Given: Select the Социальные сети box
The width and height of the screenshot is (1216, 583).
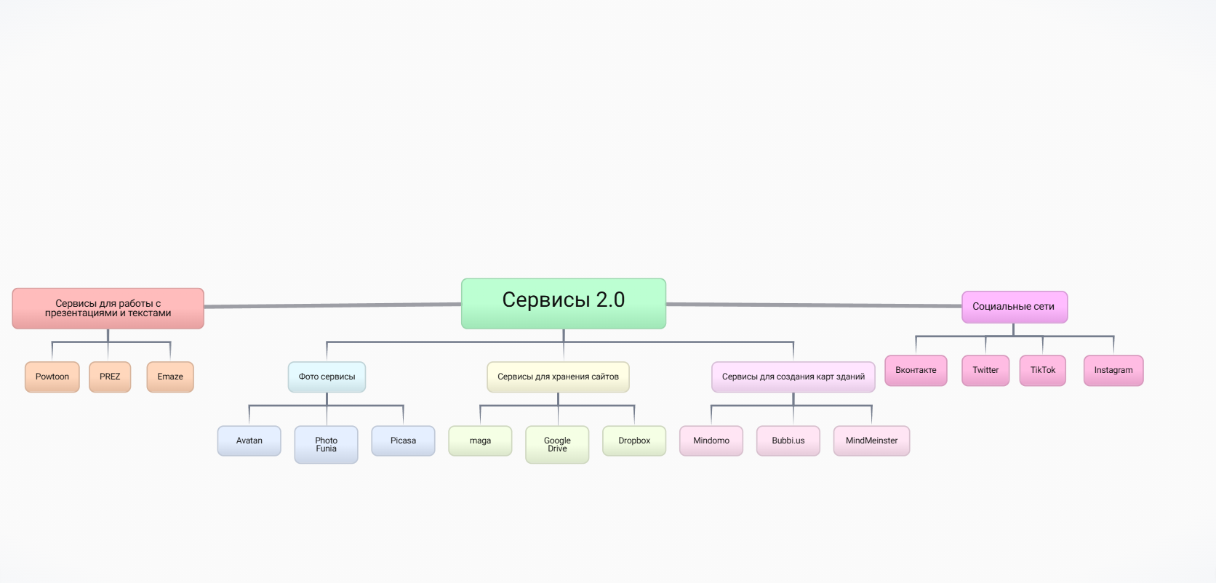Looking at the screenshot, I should [x=1014, y=307].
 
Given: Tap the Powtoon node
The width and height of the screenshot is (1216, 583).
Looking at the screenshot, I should [x=52, y=377].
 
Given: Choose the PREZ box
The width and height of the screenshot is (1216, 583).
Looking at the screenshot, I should [x=110, y=377].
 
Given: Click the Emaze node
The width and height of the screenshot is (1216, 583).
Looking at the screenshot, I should [x=170, y=377].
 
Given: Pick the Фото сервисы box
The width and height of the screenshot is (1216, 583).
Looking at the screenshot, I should [x=327, y=377].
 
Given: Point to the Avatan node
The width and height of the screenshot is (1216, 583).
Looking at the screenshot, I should [x=249, y=441].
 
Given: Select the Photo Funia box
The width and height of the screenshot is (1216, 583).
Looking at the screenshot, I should [x=327, y=444].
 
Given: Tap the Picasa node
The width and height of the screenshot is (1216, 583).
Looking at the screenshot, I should [x=403, y=441].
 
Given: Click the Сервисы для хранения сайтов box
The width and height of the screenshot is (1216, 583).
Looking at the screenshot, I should [x=558, y=377].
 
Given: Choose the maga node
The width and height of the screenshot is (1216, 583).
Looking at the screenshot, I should [x=480, y=441].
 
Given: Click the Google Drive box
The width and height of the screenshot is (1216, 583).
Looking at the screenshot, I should [x=557, y=444].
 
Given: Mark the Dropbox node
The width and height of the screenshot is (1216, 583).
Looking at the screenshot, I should [x=634, y=441].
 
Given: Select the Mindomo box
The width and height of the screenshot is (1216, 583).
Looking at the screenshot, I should [x=711, y=441].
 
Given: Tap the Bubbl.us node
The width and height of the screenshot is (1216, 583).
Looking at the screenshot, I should [x=788, y=441].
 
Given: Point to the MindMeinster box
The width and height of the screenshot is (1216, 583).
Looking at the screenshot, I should [x=871, y=441].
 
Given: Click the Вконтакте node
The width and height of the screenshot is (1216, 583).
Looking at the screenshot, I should [x=916, y=370].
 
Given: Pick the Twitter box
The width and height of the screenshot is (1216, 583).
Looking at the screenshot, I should [x=985, y=370].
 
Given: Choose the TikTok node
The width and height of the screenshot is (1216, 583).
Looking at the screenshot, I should [x=1043, y=370].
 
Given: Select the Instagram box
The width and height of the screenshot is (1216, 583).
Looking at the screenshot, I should [x=1113, y=370].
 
